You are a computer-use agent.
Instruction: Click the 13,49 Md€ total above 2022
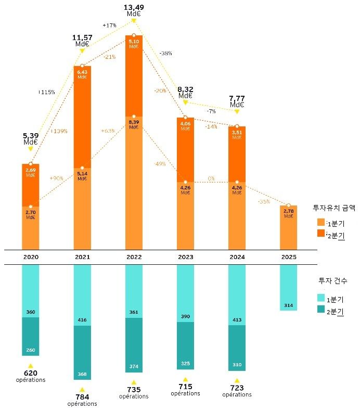pos(134,10)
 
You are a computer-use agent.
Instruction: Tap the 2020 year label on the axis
pos(31,257)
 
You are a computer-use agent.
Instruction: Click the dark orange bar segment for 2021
pos(82,117)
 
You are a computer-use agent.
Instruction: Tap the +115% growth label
pos(46,92)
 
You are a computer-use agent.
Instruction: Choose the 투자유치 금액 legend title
pos(333,207)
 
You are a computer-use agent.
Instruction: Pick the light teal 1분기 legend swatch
pos(320,298)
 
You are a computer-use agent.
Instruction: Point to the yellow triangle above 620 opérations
pos(31,366)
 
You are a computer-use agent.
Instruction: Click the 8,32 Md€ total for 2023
pos(185,92)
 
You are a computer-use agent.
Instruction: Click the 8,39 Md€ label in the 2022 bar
pos(134,124)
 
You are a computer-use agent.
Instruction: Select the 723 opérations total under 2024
pos(237,390)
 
